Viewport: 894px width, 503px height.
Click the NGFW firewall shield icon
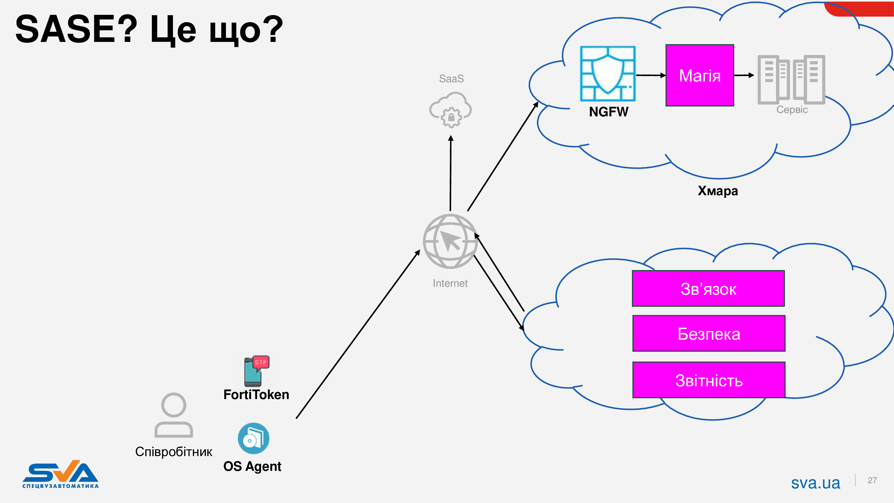608,73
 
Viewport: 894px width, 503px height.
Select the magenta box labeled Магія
700,75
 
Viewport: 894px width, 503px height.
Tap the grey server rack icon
791,79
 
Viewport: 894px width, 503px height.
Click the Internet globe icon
450,241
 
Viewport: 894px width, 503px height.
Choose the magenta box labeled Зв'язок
708,288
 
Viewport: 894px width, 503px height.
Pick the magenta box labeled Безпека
709,334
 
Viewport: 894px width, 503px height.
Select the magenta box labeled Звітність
709,380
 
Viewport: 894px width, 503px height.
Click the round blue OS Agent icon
253,438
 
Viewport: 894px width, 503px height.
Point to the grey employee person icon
174,415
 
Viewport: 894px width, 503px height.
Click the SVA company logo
61,474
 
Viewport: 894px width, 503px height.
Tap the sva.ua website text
816,483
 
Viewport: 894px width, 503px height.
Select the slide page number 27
872,481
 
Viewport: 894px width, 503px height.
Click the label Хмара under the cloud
718,191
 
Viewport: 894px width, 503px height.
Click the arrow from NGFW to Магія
650,75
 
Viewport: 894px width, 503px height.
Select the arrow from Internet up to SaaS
451,174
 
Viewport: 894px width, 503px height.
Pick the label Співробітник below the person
174,452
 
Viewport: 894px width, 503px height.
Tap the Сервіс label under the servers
792,110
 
